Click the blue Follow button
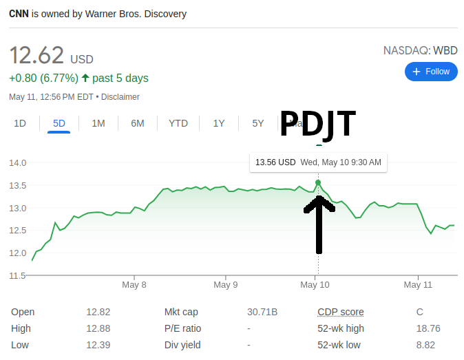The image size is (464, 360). pos(431,72)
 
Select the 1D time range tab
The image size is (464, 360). pos(20,123)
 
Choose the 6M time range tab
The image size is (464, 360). pos(138,123)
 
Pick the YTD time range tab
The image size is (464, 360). pos(178,123)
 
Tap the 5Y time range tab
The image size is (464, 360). pos(258,123)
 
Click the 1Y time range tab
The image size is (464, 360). pos(219,123)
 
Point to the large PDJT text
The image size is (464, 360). pos(317,124)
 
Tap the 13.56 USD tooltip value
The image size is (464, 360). pos(275,162)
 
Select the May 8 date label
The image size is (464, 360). pos(134,284)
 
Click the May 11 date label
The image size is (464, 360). pos(418,284)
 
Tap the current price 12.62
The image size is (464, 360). pos(36,55)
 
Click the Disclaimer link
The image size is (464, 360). pos(121,97)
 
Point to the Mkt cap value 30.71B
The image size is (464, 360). pos(262,312)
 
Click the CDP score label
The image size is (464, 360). pos(341,312)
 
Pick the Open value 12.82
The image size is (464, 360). pos(98,312)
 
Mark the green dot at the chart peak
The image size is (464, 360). pos(318,182)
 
